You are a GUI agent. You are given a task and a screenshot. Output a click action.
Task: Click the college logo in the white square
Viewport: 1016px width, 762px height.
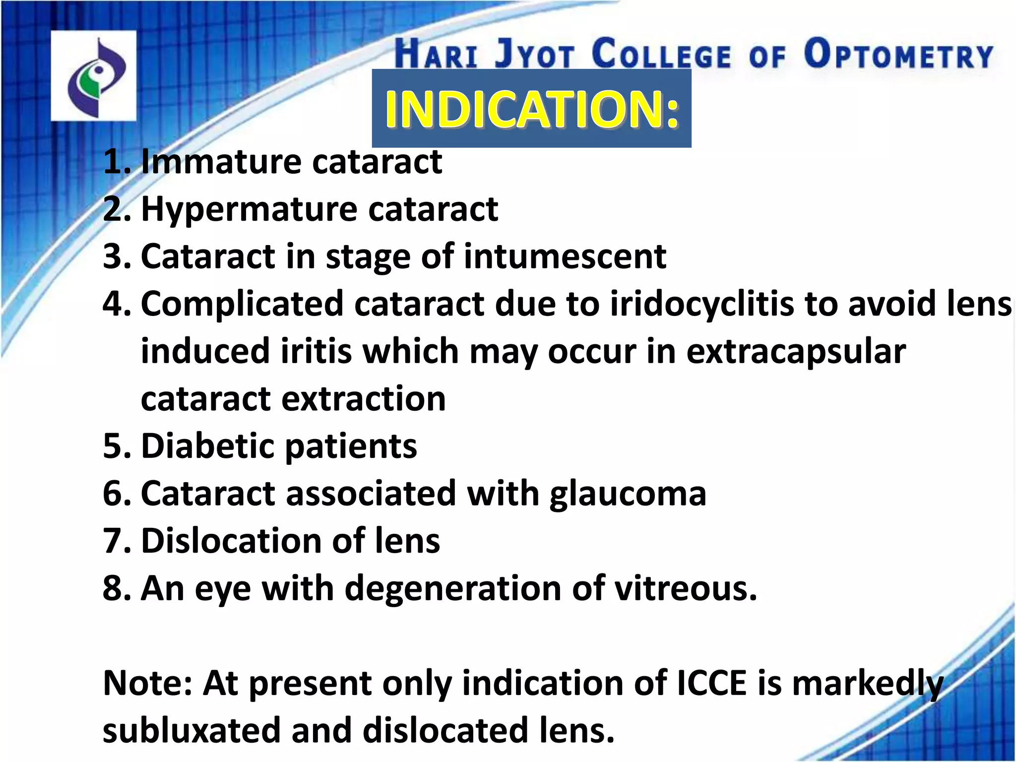[x=94, y=75]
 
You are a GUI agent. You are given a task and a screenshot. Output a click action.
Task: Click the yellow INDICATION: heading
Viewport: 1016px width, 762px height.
[x=531, y=109]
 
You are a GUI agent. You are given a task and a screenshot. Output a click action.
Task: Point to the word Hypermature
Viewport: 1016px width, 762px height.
[x=249, y=209]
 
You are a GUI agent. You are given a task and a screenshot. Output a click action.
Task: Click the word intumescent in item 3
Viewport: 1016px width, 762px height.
[x=565, y=256]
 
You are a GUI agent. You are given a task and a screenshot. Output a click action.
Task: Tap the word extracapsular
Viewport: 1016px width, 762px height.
[x=796, y=351]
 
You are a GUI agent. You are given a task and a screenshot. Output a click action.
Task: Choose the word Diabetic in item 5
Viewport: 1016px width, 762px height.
[x=207, y=445]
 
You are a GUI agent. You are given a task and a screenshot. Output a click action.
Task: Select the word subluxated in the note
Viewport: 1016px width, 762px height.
[x=191, y=731]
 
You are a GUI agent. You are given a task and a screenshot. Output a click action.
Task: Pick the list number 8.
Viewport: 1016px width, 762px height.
[x=115, y=588]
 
